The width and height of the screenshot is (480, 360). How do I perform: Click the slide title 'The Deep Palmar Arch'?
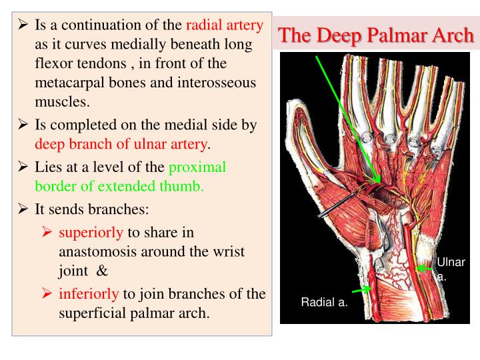pyautogui.click(x=376, y=35)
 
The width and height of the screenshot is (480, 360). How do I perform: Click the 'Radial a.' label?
pyautogui.click(x=323, y=303)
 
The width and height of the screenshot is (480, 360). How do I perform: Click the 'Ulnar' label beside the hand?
pyautogui.click(x=451, y=262)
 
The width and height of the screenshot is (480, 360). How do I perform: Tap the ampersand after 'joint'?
pyautogui.click(x=102, y=271)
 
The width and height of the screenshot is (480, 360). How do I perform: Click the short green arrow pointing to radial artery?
pyautogui.click(x=361, y=290)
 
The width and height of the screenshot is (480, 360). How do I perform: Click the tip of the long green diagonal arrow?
pyautogui.click(x=379, y=182)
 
